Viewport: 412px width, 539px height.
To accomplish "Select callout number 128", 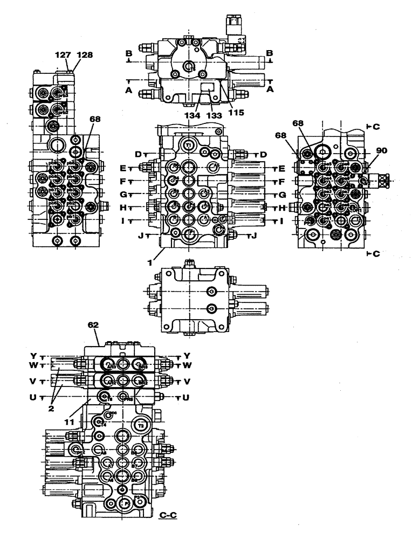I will (85, 54).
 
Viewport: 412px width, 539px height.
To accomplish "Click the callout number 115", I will (236, 113).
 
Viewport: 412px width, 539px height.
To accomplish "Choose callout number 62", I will (94, 326).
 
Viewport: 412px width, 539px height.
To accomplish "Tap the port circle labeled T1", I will (188, 146).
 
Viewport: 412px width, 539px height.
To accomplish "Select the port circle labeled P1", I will (188, 232).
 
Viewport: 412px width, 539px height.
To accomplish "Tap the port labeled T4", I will (100, 423).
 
